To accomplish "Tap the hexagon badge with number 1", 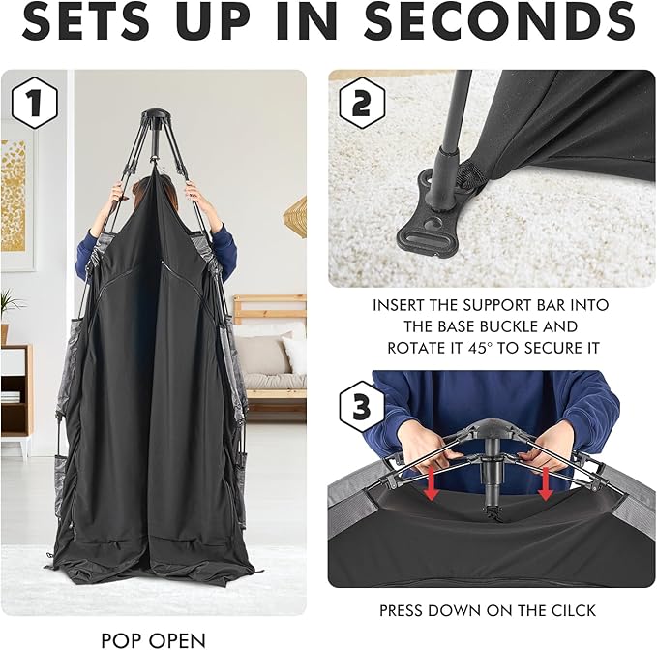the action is [x=34, y=103].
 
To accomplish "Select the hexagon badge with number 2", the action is [x=362, y=104].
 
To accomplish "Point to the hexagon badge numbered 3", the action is [x=362, y=406].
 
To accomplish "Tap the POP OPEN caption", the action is [x=153, y=640].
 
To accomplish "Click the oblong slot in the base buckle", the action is [x=418, y=240].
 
